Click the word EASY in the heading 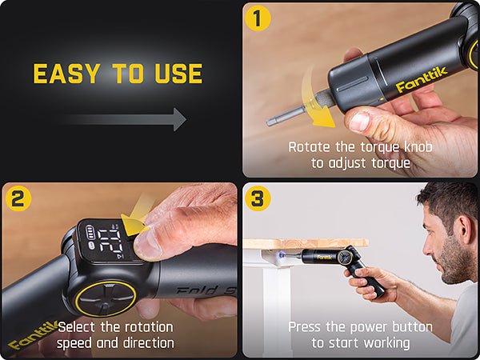click(66, 74)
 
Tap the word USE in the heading click(176, 74)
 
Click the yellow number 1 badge click(258, 17)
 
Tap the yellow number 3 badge click(257, 197)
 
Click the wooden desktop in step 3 click(304, 242)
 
